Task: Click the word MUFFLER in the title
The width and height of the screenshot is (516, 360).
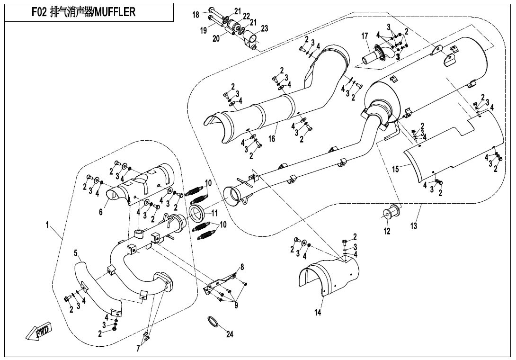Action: (116, 12)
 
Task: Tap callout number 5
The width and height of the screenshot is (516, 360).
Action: (75, 253)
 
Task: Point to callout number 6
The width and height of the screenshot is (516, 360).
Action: (101, 213)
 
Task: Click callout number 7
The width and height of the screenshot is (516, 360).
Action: (138, 349)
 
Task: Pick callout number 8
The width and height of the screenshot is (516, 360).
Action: (242, 267)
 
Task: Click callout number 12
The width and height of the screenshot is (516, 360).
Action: (387, 231)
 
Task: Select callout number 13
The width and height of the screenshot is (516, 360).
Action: (414, 226)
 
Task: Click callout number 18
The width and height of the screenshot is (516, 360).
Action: (196, 15)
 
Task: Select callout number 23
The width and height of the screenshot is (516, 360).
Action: (264, 28)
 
